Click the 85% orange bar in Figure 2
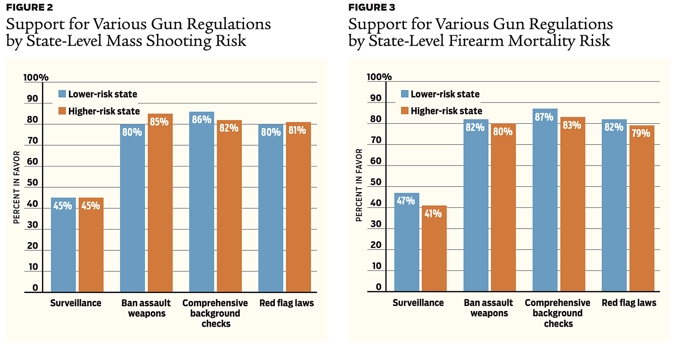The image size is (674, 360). tap(160, 202)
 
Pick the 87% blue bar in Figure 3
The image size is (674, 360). tap(544, 200)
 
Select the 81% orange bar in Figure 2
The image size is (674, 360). tap(298, 207)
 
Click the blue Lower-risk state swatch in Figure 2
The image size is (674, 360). tap(62, 94)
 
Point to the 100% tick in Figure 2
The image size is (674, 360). tap(37, 77)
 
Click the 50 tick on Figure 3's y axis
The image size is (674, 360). tap(375, 183)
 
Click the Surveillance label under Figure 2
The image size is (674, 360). tap(76, 303)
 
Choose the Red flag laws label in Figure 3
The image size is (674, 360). tap(629, 303)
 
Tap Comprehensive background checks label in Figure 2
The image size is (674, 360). tap(215, 313)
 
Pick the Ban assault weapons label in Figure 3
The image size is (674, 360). tap(489, 308)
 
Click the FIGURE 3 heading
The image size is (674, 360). tap(372, 7)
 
